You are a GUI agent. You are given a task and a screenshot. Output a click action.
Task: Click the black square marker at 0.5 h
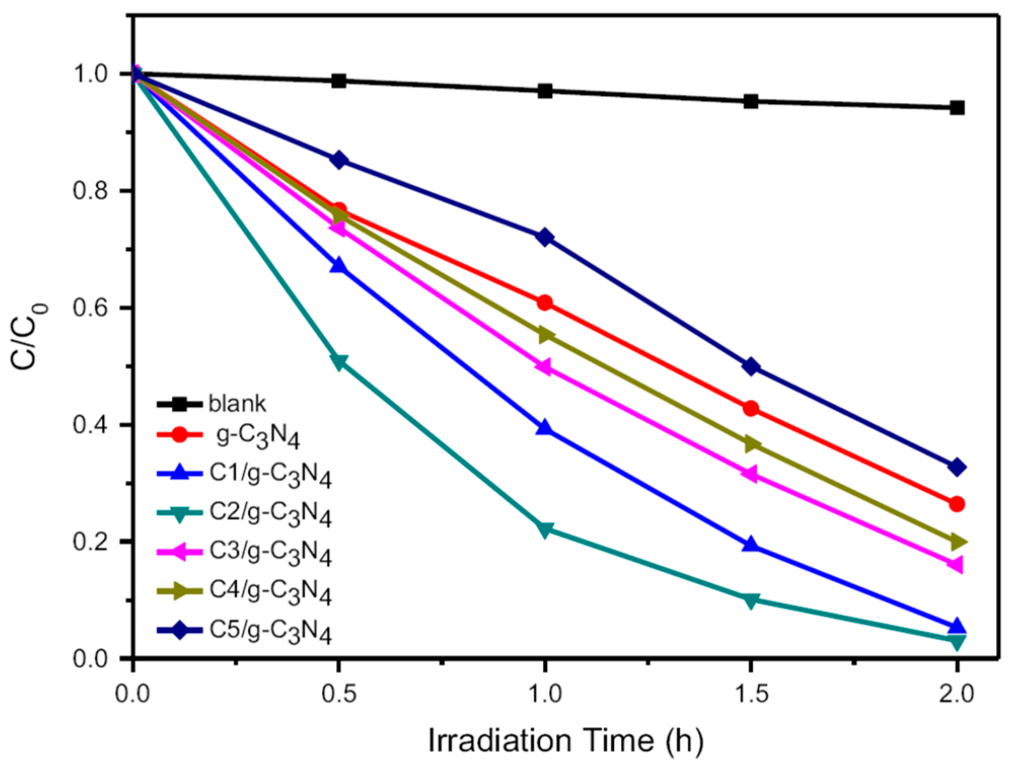tap(339, 81)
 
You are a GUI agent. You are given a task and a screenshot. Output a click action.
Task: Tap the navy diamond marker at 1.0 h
tap(545, 237)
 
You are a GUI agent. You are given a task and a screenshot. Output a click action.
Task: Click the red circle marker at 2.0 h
tap(957, 504)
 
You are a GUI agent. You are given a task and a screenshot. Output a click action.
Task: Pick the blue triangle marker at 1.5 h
tap(751, 545)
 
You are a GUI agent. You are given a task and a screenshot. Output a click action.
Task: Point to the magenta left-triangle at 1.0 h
tap(544, 366)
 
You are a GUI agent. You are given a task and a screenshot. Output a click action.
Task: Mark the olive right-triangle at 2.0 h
tap(957, 542)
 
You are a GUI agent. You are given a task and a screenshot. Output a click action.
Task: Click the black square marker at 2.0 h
tap(957, 107)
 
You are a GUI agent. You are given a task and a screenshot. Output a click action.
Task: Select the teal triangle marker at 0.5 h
tap(339, 362)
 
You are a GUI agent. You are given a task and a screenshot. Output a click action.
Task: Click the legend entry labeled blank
tap(237, 404)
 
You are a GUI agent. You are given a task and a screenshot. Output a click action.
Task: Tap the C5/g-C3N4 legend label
tap(270, 631)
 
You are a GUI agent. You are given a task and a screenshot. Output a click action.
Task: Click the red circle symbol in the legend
tap(179, 435)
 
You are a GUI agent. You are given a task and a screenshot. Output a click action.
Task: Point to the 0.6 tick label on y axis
tap(91, 308)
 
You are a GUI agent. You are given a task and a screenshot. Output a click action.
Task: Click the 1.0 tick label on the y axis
tap(91, 74)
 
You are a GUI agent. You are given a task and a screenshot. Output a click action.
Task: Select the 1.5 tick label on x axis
tap(751, 693)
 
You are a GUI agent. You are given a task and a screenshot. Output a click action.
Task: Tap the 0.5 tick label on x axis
tap(339, 693)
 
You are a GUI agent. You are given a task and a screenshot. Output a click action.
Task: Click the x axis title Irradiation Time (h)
tap(566, 741)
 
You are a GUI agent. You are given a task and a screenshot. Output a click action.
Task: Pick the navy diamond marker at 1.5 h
tap(751, 366)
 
